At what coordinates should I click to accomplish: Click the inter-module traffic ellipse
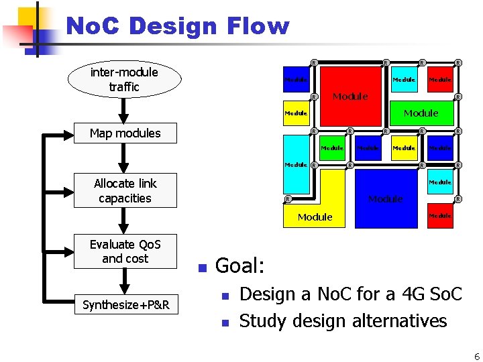[x=124, y=80]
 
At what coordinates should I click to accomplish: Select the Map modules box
[x=125, y=133]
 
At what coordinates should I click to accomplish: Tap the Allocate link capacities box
[x=125, y=191]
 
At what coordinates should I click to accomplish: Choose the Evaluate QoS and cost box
[x=125, y=251]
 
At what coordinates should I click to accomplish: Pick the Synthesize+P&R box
[x=125, y=306]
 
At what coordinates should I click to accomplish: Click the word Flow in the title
[x=258, y=27]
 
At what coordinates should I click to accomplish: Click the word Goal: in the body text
[x=240, y=266]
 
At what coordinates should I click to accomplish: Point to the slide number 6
[x=476, y=355]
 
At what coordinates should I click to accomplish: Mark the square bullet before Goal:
[x=200, y=268]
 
